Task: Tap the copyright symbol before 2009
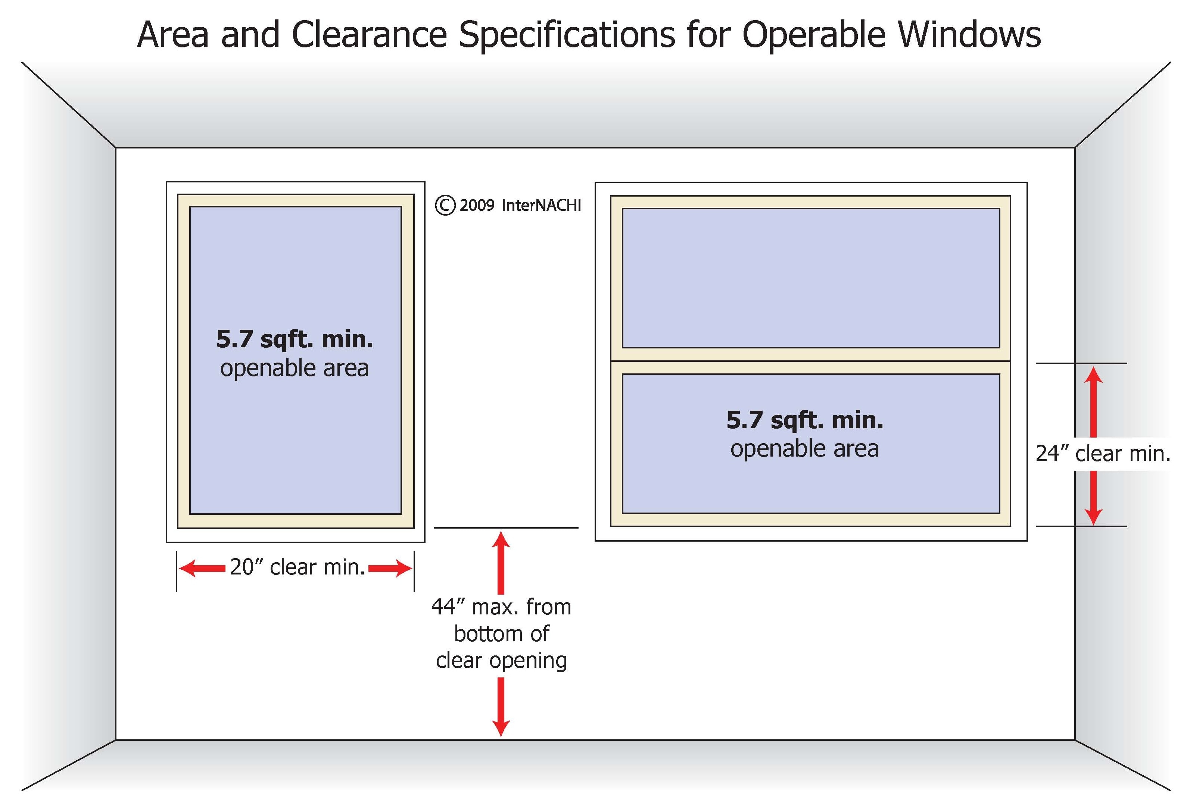coord(445,206)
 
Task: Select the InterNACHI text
coord(541,206)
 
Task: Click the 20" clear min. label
coord(297,567)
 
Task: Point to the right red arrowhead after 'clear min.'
coord(404,568)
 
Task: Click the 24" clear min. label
coord(1102,453)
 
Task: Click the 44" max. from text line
coord(501,607)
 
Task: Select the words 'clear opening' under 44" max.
coord(501,660)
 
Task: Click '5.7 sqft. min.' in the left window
coord(295,339)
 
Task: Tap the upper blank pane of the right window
coord(811,278)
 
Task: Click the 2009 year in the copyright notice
coord(477,206)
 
